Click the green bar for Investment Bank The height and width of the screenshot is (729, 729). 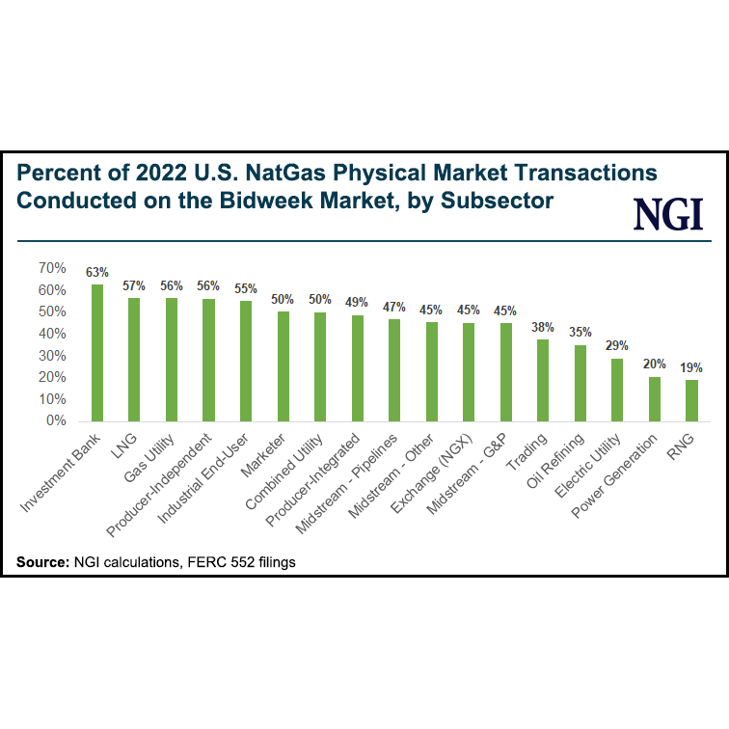pyautogui.click(x=97, y=353)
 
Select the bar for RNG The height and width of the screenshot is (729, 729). pyautogui.click(x=690, y=400)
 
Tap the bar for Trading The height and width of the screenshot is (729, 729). pyautogui.click(x=543, y=380)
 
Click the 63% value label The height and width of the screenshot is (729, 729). pyautogui.click(x=97, y=272)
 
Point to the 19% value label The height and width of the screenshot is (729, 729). pyautogui.click(x=690, y=367)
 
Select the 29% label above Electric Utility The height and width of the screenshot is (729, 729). pyautogui.click(x=617, y=346)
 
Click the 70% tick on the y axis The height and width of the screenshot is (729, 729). pyautogui.click(x=51, y=267)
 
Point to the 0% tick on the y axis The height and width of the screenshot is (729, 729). pyautogui.click(x=55, y=421)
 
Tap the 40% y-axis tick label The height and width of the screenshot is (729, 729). pyautogui.click(x=51, y=334)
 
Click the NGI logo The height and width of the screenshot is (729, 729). pyautogui.click(x=667, y=213)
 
